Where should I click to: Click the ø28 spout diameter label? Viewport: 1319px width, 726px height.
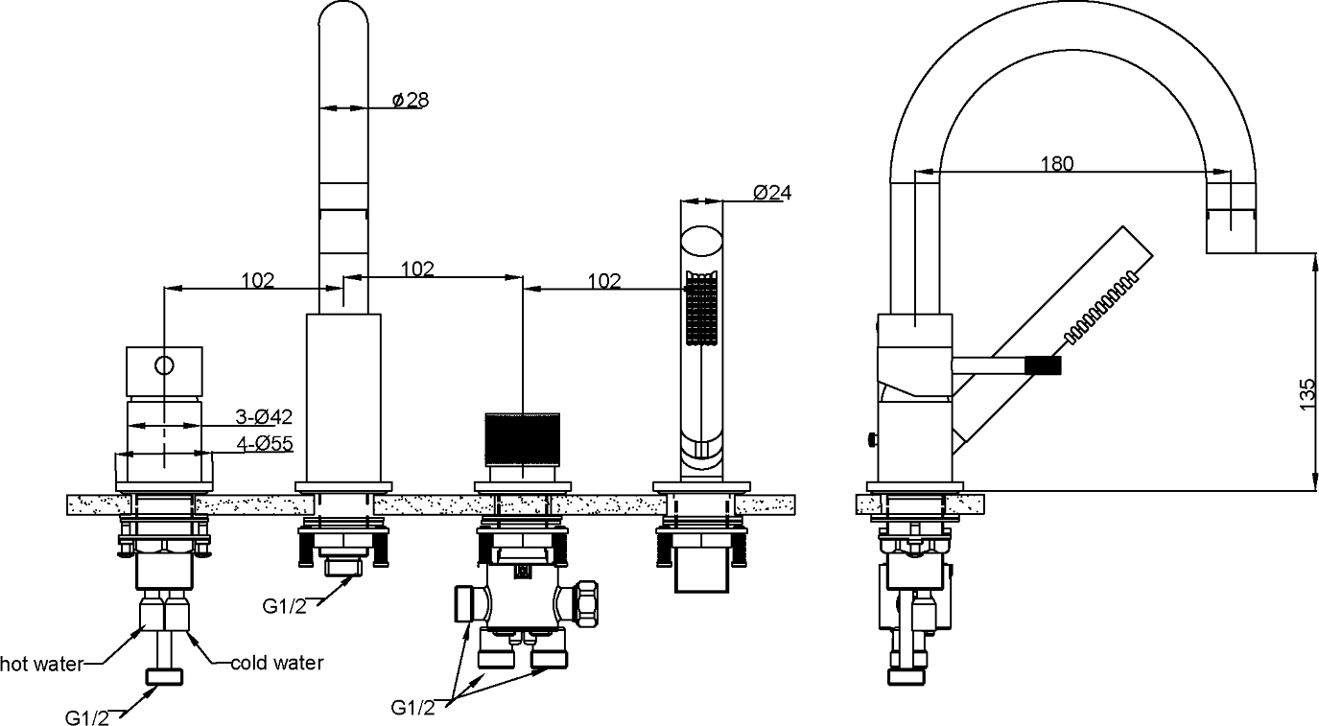[x=410, y=99]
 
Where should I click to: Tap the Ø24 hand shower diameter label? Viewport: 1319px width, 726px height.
[x=771, y=192]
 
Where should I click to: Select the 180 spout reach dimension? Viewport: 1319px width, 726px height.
[x=1057, y=163]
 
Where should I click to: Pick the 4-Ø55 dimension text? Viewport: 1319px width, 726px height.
[x=263, y=443]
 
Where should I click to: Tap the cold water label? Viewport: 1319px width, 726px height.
[x=277, y=663]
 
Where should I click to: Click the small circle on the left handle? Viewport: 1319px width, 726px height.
[x=164, y=365]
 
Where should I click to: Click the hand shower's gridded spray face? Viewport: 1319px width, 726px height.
[x=700, y=309]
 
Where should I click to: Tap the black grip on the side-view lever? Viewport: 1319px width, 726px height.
[x=1043, y=364]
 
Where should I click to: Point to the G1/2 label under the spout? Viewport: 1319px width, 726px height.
[x=285, y=606]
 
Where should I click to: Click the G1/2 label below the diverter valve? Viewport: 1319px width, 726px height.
[x=413, y=708]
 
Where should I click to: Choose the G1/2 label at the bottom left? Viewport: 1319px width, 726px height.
[x=88, y=716]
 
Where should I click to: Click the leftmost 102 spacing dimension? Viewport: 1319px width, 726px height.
[x=257, y=281]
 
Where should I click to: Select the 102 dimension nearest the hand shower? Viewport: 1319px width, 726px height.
[x=603, y=281]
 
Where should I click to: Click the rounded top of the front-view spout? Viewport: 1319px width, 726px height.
[x=342, y=24]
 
